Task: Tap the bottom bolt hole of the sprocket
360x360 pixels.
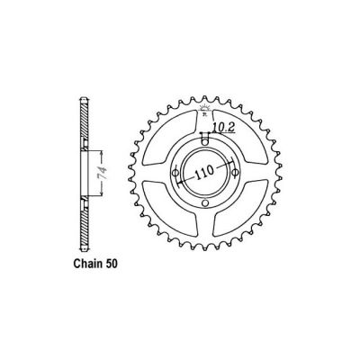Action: tap(206, 204)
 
